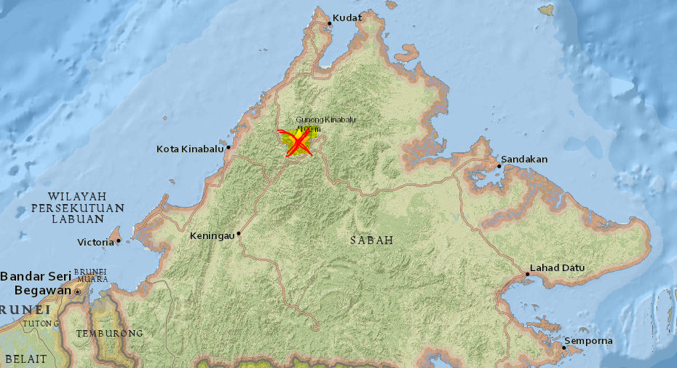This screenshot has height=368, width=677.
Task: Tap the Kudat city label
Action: point(347,17)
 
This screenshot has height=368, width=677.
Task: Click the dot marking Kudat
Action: point(329,23)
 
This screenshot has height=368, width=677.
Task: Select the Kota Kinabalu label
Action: point(189,149)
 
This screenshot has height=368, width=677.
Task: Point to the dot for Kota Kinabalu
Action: point(229,147)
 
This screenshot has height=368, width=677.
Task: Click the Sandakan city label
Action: point(525,159)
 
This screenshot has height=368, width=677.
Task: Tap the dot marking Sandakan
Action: point(499,166)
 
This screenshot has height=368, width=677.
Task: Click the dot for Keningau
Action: point(238,234)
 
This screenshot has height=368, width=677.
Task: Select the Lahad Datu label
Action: point(557,267)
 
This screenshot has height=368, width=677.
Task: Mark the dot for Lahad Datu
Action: point(527,274)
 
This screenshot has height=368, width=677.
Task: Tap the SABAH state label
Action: point(371,240)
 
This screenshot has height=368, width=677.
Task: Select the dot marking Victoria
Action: point(118,240)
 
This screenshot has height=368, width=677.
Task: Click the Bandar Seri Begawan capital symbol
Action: point(77,291)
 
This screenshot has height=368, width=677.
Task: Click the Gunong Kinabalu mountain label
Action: point(326,120)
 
